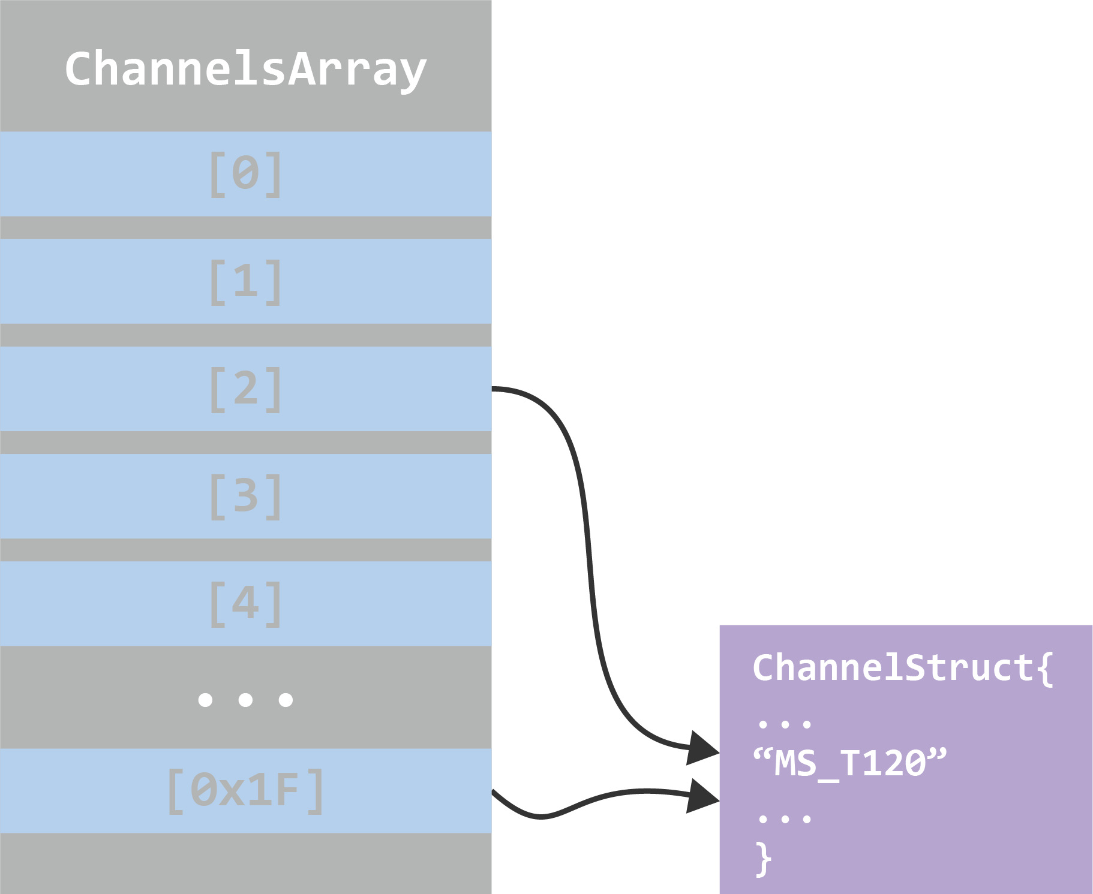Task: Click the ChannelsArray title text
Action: (x=245, y=70)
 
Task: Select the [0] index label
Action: (x=245, y=174)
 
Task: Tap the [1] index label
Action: (x=245, y=281)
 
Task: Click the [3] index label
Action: (x=245, y=496)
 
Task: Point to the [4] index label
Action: (x=245, y=603)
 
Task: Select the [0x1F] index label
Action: (x=245, y=790)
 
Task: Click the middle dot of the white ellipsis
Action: (x=245, y=699)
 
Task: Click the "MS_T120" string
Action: (x=849, y=763)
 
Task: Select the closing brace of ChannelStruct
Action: (x=763, y=859)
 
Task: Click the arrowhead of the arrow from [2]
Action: (x=703, y=748)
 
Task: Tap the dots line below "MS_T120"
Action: (x=784, y=818)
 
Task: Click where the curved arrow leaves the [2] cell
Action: (x=496, y=389)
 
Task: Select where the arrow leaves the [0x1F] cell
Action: (x=496, y=793)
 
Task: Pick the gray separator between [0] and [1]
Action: (x=245, y=228)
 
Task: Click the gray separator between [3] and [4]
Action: (x=245, y=550)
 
